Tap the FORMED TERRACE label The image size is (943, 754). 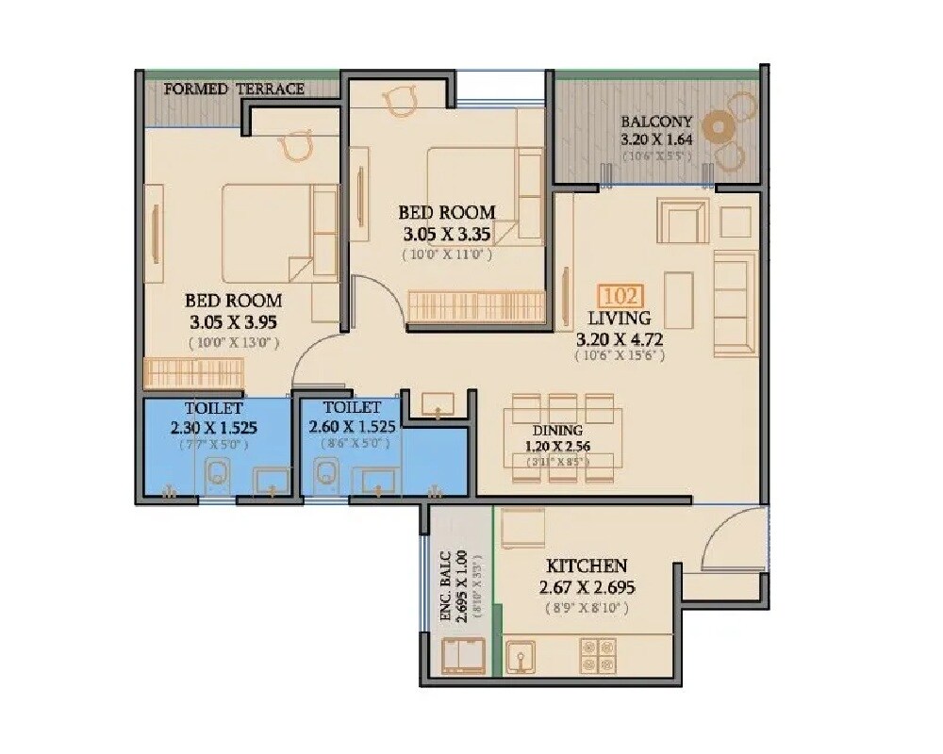[x=234, y=90]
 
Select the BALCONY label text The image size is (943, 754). [x=656, y=122]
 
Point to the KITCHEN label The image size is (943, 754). [x=587, y=566]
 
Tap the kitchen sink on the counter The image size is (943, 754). [x=520, y=656]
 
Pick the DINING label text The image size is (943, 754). [x=558, y=431]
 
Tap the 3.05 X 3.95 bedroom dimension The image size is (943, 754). [x=233, y=321]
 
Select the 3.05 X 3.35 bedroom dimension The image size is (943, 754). [x=446, y=234]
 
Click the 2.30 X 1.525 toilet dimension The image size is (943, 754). [x=214, y=427]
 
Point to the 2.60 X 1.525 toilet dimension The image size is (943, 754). [x=352, y=427]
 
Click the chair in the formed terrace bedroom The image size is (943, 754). [x=298, y=146]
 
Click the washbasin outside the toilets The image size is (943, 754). [x=438, y=405]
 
